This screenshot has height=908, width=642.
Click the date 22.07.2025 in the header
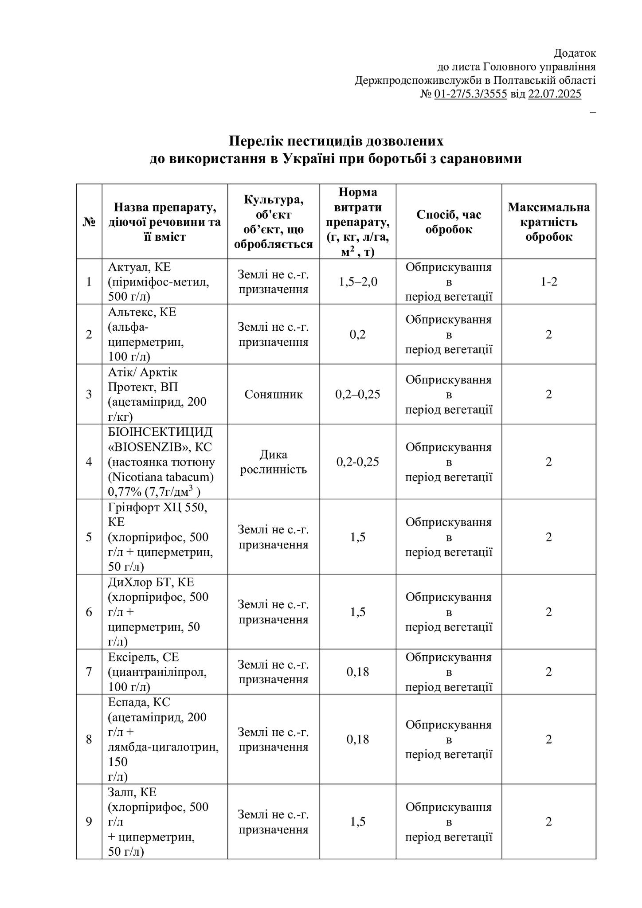554,94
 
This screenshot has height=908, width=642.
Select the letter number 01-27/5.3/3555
470,94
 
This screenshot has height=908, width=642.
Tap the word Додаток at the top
575,53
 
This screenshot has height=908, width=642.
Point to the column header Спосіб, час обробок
449,222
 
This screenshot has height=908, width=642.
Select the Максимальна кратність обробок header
548,222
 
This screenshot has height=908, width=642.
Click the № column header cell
89,222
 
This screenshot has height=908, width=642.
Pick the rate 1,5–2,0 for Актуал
358,282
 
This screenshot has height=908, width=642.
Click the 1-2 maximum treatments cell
548,282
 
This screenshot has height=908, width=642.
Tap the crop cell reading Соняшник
274,394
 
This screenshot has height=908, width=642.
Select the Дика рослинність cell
274,462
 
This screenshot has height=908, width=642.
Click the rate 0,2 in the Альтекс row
358,334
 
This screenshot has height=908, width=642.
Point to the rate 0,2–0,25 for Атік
358,394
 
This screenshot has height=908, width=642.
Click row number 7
89,672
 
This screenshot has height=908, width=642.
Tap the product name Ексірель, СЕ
143,657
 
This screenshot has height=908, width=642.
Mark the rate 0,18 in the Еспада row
358,739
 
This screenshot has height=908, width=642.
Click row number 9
89,822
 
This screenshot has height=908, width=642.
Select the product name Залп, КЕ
132,792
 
